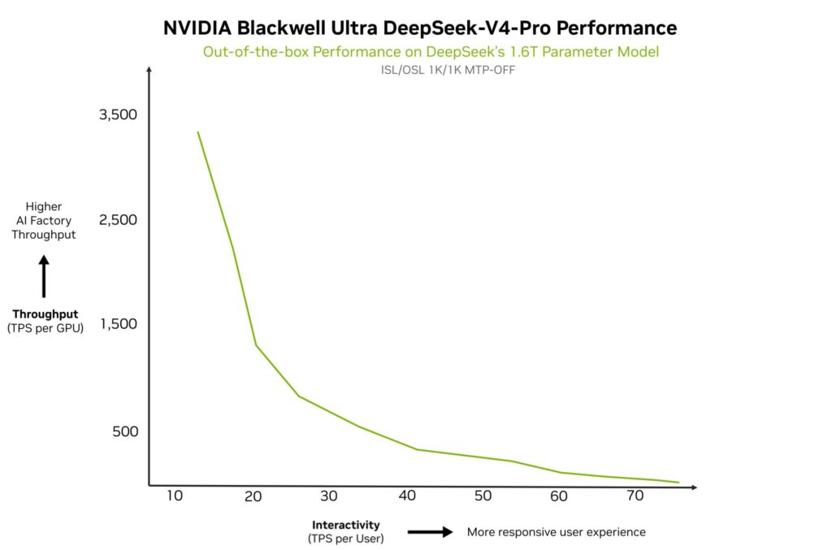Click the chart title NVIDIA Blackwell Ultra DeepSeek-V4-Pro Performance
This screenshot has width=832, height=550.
pos(419,28)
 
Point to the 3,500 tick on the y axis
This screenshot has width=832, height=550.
pos(118,115)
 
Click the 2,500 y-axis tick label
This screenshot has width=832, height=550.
pos(118,220)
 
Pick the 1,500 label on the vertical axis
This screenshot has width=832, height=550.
pos(118,324)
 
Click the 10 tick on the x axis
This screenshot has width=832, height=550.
pos(175,496)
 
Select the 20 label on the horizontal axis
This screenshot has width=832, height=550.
pos(252,496)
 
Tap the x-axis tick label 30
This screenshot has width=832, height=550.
pos(328,496)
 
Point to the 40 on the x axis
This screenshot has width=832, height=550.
pos(405,496)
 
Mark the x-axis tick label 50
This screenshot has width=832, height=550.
pos(483,496)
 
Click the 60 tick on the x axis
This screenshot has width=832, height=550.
pos(559,496)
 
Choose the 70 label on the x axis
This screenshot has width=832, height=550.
pos(635,496)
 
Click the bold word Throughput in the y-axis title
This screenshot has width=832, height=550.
pos(45,314)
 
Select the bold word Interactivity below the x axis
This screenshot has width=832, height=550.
pos(345,525)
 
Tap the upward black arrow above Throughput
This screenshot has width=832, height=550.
pos(45,277)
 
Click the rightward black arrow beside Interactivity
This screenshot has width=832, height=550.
pos(430,532)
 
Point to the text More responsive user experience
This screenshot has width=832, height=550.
pos(556,532)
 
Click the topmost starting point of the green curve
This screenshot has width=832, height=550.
pos(197,132)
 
